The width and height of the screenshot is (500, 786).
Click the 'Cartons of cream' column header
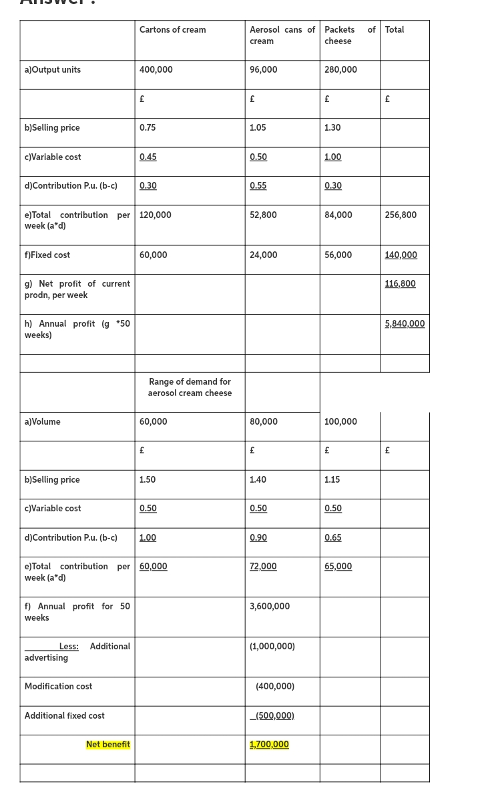[x=172, y=30]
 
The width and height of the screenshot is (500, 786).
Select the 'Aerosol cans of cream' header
[x=282, y=35]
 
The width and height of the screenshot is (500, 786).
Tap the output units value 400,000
[x=156, y=70]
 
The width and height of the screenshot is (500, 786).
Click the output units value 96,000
[x=263, y=70]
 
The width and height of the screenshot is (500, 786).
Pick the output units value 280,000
[x=340, y=70]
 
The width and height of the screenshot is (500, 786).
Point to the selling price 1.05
[x=258, y=128]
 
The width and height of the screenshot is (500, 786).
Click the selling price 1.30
[x=332, y=128]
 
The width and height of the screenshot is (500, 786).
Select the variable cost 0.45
[x=148, y=157]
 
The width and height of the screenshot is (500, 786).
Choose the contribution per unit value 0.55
[x=258, y=186]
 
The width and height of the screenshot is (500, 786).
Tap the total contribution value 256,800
[x=401, y=215]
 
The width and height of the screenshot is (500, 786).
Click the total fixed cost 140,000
[x=401, y=255]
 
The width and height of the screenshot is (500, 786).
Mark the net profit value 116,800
[x=400, y=284]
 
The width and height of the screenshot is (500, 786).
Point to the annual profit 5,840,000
[x=405, y=324]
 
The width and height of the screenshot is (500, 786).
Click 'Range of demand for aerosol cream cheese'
[x=190, y=387]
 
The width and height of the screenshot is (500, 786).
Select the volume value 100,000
[x=340, y=422]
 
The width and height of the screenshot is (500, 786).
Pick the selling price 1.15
[x=332, y=480]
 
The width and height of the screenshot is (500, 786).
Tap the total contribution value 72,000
[x=263, y=567]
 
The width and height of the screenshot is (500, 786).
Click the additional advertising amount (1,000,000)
[x=272, y=647]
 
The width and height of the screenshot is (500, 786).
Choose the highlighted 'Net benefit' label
[x=108, y=745]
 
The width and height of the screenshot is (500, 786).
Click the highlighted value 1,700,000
[x=269, y=745]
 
